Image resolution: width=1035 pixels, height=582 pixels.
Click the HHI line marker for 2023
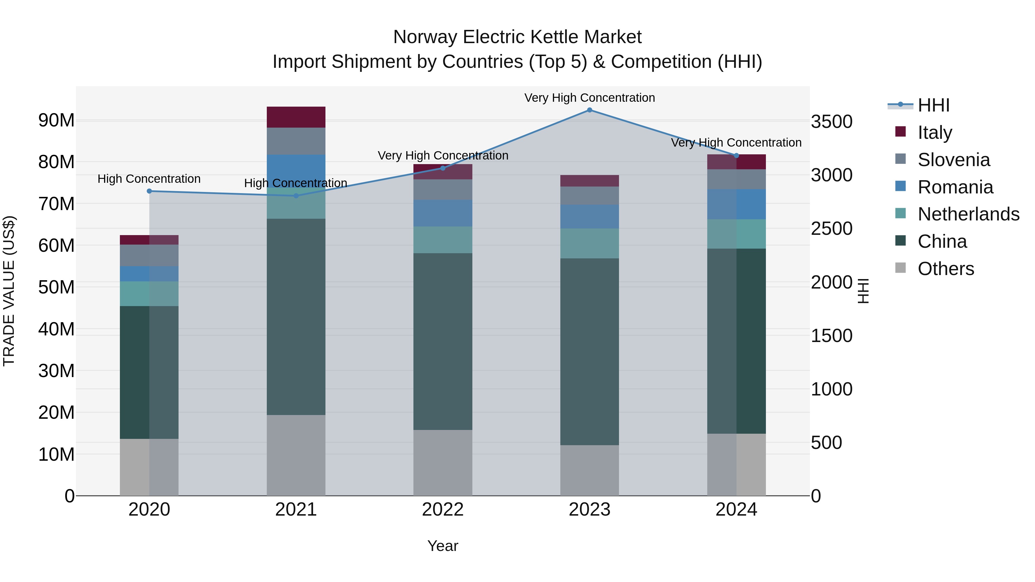tap(589, 110)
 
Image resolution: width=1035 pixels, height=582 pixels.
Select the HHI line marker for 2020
tap(149, 191)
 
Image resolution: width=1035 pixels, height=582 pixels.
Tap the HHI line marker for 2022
tap(443, 168)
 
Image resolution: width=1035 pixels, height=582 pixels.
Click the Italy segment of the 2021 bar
tap(296, 117)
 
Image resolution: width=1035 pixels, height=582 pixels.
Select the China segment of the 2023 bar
tap(589, 351)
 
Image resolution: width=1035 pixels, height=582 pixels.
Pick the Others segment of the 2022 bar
tap(443, 463)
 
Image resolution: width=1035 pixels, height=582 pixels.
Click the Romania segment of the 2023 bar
tap(589, 216)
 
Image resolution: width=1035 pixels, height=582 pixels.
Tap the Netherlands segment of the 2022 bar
tap(443, 240)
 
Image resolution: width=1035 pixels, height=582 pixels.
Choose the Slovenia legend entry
tap(953, 160)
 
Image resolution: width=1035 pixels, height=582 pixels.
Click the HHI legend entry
tap(933, 105)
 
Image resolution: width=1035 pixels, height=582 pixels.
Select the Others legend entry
tap(945, 269)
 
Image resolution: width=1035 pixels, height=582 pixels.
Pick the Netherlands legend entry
tap(968, 214)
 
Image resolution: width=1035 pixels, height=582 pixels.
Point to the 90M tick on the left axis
tap(56, 120)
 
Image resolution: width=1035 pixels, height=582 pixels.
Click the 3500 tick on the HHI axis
tap(831, 122)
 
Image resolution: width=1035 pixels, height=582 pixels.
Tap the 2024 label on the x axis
tap(736, 510)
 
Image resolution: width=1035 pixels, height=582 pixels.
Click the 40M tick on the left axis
tap(56, 329)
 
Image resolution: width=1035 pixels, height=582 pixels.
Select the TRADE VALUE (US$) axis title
tap(9, 291)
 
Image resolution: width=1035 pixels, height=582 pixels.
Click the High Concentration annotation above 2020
tap(149, 179)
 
